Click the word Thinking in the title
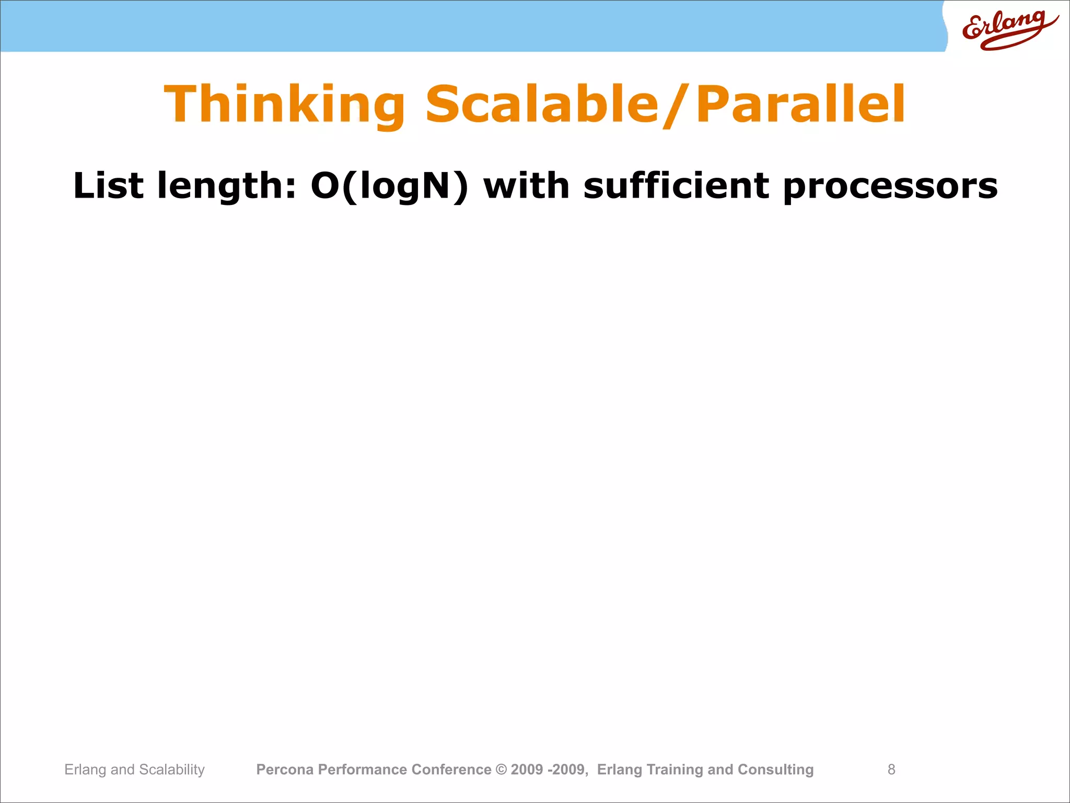tap(285, 105)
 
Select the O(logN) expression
tap(390, 187)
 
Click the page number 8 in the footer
tap(891, 770)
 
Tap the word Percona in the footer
tap(285, 770)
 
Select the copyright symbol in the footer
tap(501, 770)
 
